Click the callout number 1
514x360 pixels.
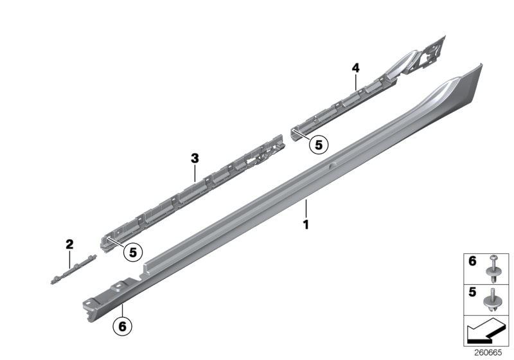[x=306, y=225]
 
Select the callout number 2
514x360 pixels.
[x=69, y=244]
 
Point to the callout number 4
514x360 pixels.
[x=355, y=67]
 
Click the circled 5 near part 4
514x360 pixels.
[x=317, y=145]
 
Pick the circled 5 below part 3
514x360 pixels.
[x=133, y=252]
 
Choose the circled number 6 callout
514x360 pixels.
[x=123, y=325]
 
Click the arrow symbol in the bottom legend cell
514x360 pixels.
[x=484, y=334]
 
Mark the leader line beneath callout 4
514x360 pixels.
[x=355, y=81]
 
